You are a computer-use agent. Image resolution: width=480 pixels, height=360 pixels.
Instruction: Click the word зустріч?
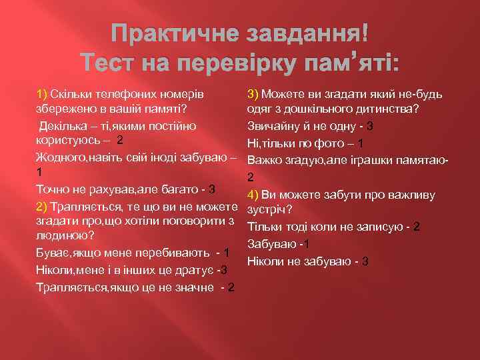coord(269,213)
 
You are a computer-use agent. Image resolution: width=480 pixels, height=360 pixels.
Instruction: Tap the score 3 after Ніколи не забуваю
coord(366,261)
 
